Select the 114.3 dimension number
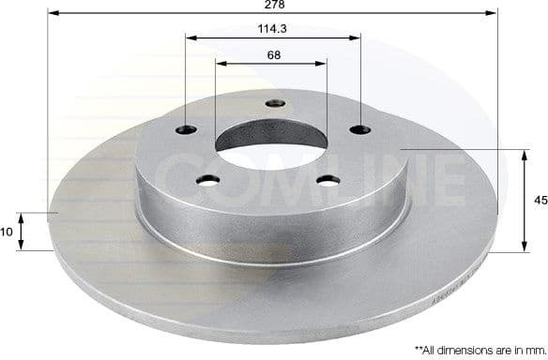272,29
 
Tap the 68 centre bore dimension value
272,55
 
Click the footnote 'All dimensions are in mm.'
476,348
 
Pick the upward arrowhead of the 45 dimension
523,154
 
